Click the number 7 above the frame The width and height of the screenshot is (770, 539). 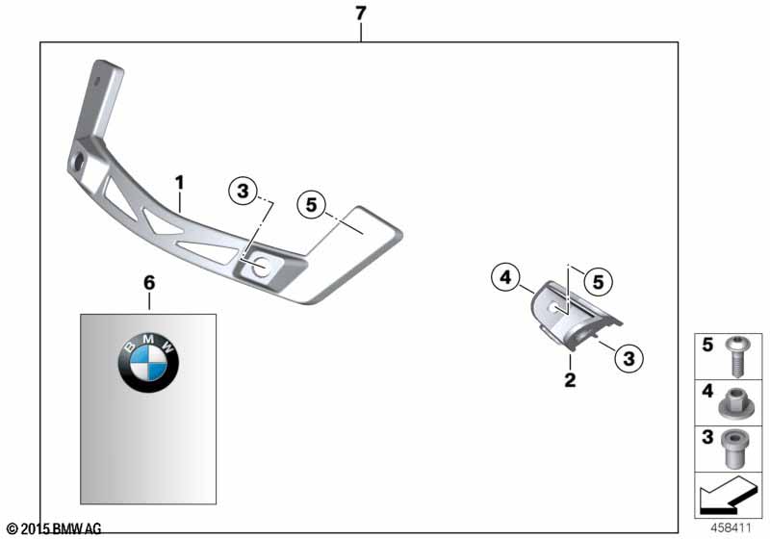[361, 13]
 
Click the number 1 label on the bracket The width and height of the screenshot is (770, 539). [179, 183]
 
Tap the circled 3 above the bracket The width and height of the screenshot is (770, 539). [244, 191]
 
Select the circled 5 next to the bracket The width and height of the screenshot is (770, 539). [311, 204]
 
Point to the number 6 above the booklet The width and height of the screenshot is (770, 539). [149, 283]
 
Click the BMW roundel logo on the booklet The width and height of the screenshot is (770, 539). [148, 363]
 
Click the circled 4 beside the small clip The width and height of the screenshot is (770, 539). [506, 278]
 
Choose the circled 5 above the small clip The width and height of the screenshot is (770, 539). [598, 282]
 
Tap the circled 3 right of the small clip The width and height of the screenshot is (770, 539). [629, 358]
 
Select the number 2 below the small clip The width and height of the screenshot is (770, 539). [570, 379]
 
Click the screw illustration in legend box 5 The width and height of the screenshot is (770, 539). [735, 356]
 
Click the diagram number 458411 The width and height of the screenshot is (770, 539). [731, 528]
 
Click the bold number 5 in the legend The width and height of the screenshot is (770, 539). [707, 345]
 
